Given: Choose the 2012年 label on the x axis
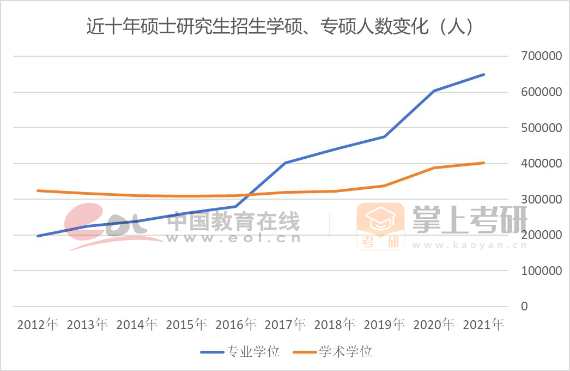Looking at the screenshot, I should [x=38, y=325].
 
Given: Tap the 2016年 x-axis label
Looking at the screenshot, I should [x=236, y=325].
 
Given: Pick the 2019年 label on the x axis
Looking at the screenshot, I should [x=385, y=325].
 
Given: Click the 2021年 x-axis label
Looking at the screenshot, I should [x=483, y=325].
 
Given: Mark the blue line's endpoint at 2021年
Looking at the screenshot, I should [x=484, y=75].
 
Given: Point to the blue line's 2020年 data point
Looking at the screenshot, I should [x=434, y=91].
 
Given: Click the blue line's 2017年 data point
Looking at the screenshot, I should [x=286, y=163].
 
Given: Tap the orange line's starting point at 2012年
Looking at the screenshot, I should [x=38, y=190].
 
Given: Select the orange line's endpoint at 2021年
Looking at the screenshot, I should [x=484, y=163].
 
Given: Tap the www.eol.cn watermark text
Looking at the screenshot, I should [x=234, y=238].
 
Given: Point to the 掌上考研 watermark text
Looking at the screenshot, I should [x=469, y=219].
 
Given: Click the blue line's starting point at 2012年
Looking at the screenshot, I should [x=38, y=236].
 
